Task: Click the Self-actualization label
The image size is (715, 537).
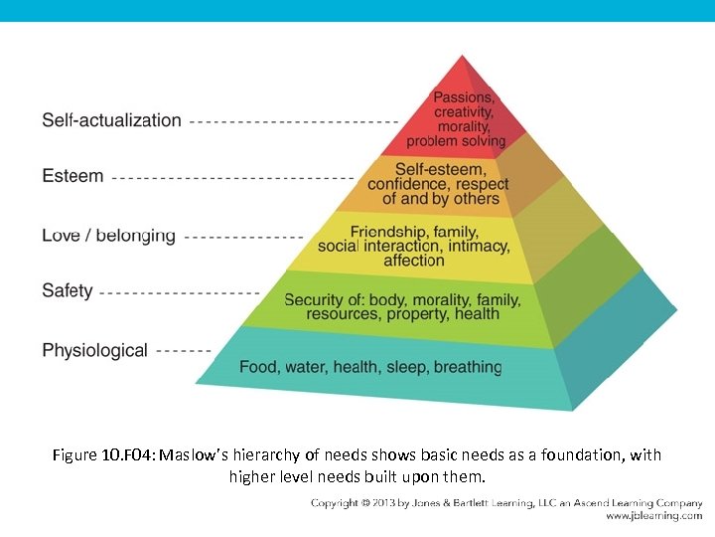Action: (111, 120)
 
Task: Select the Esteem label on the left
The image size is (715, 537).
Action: (72, 176)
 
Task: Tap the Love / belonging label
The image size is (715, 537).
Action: (108, 236)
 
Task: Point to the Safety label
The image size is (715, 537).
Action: (68, 291)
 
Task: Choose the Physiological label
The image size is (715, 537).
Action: (94, 350)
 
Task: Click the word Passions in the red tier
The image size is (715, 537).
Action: (463, 97)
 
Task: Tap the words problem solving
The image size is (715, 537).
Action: (456, 141)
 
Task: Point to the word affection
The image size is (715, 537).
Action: (414, 261)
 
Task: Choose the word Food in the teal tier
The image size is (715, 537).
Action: (258, 367)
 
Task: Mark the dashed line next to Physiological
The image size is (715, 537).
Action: (184, 351)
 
